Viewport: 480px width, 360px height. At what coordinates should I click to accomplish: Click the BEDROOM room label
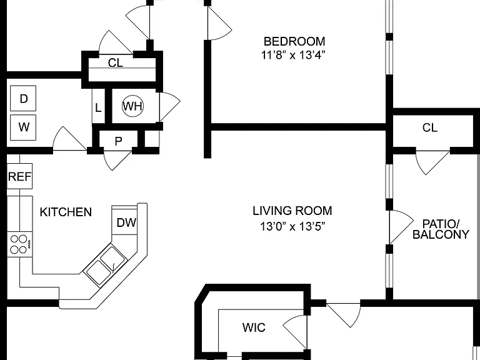(294, 41)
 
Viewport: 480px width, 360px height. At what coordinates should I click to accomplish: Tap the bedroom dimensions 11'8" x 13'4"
(293, 56)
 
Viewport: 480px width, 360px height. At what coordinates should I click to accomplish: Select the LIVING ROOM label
(292, 211)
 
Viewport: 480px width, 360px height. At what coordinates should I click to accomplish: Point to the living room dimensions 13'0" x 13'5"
(292, 226)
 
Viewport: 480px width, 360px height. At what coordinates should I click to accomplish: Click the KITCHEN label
(66, 212)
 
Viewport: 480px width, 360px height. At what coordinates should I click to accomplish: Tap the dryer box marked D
(23, 98)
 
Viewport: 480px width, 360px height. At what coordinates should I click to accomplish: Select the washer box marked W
(23, 127)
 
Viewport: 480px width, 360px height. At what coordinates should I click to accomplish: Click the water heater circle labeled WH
(132, 106)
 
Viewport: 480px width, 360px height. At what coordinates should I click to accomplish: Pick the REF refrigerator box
(19, 176)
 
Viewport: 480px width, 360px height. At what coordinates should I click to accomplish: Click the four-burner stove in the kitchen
(19, 244)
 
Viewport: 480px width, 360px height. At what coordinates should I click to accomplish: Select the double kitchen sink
(106, 265)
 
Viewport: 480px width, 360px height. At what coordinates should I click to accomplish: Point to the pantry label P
(119, 141)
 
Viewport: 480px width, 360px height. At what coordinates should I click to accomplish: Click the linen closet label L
(98, 107)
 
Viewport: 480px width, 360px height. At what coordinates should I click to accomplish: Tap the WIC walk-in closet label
(254, 327)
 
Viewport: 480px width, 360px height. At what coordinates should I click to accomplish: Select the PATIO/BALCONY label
(441, 229)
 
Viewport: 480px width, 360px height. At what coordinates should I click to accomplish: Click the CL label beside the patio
(430, 127)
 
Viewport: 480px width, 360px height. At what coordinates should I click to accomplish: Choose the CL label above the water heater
(116, 62)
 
